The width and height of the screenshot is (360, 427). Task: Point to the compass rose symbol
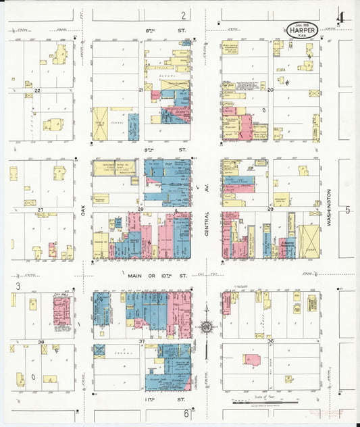[207, 328]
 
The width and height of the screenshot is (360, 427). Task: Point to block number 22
[38, 90]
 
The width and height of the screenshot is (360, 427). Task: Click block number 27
[41, 210]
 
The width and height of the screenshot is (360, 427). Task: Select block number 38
[41, 342]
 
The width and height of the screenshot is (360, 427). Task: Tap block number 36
[270, 341]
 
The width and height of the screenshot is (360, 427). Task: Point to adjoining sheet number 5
[349, 210]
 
